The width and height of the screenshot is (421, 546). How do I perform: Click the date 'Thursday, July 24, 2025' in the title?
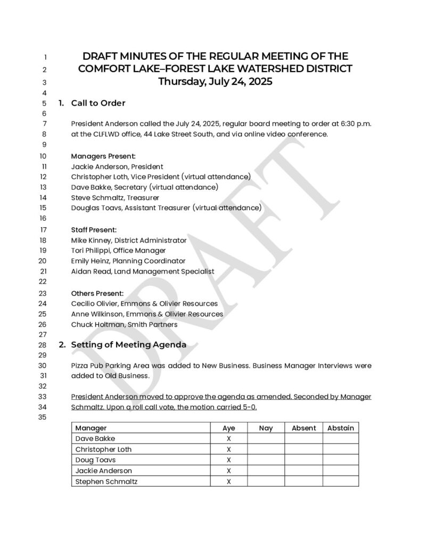215,82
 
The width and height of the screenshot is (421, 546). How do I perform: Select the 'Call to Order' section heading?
98,103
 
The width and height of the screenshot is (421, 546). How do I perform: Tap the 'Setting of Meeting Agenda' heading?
128,344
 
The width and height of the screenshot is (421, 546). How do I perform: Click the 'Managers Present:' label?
103,156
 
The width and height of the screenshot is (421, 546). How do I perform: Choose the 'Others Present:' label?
97,293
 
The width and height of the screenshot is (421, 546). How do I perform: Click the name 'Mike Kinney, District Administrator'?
129,240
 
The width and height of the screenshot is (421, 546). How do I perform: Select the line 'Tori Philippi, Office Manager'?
118,251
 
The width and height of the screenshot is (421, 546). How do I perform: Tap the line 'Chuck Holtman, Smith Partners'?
124,324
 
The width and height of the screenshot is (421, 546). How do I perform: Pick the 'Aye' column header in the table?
228,428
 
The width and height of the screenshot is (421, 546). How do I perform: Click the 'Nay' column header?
266,428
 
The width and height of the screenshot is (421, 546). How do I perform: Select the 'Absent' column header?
303,428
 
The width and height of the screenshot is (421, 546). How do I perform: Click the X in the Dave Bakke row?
228,439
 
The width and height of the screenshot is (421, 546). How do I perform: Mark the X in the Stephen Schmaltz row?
228,481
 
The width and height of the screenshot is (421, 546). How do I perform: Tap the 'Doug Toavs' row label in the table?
95,460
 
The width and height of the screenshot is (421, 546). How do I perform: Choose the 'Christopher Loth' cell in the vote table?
103,449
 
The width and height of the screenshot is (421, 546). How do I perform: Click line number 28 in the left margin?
43,345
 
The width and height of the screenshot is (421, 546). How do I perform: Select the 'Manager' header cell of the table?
91,428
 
